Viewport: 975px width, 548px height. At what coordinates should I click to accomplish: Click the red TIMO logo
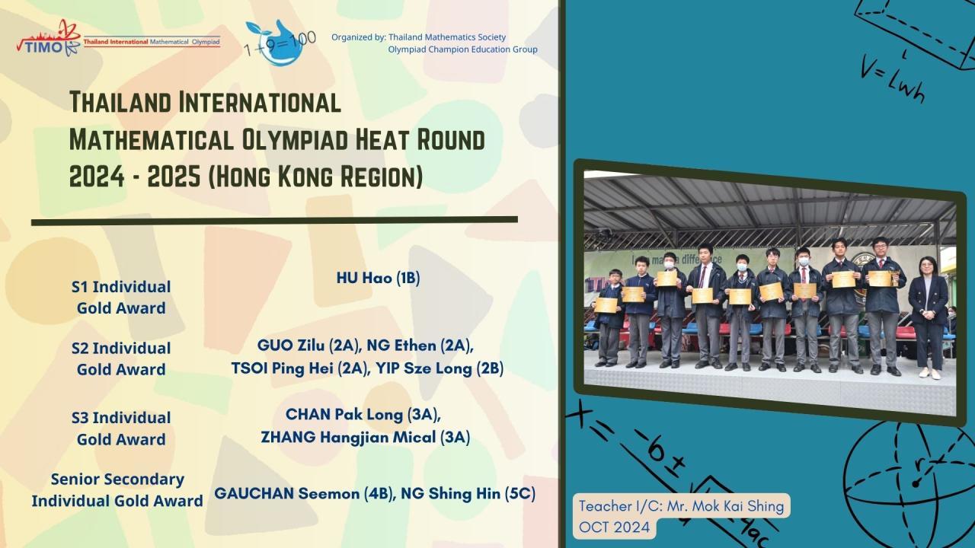[49, 38]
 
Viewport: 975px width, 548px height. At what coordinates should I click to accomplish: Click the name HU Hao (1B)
[379, 279]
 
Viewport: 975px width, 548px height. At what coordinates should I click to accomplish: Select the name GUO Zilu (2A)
[309, 346]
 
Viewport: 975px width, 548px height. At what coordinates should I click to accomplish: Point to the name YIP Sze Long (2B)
[440, 368]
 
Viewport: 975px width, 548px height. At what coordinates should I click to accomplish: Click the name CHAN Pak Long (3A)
[363, 415]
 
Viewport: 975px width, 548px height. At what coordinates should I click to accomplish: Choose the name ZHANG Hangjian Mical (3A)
[366, 437]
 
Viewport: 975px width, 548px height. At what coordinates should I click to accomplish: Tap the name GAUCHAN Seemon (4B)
[304, 494]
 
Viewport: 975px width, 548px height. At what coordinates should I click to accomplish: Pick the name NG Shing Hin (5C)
[468, 494]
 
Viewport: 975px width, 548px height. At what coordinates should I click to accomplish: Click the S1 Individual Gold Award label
[121, 298]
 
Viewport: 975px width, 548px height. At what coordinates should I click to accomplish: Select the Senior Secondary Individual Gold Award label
[117, 490]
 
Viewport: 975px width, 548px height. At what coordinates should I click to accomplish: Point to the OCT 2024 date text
[614, 527]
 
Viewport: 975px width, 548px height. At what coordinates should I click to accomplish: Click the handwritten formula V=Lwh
[892, 81]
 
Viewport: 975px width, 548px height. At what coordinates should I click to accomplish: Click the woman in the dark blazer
[929, 318]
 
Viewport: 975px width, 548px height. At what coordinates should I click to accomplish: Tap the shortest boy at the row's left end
[610, 318]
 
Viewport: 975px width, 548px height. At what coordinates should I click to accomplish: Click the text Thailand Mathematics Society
[447, 37]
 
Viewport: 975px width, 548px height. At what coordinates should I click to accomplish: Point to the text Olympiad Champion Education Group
[462, 49]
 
